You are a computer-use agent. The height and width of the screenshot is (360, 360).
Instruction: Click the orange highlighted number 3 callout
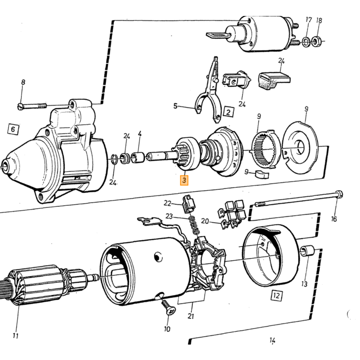click(184, 180)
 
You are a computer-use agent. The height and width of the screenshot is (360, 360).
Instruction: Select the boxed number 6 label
click(13, 129)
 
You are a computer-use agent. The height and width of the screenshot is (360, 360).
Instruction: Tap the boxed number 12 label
click(277, 296)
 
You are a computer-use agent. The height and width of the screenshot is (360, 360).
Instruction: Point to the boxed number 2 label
click(228, 112)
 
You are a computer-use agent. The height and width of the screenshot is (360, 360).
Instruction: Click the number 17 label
click(309, 20)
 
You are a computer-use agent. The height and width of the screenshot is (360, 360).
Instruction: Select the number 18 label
click(319, 21)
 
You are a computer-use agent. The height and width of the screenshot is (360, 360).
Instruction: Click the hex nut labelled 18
click(316, 42)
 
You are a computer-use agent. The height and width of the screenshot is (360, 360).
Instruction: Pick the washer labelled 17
click(306, 41)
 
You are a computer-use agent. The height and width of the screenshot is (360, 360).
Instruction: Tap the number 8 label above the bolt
click(23, 82)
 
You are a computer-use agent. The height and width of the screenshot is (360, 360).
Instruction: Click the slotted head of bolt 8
click(20, 106)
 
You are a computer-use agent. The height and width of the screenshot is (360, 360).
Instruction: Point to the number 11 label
click(15, 336)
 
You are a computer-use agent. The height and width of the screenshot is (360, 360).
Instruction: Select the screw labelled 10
click(168, 308)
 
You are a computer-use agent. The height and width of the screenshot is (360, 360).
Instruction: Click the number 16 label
click(334, 219)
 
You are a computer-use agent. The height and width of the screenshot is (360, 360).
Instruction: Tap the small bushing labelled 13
click(308, 251)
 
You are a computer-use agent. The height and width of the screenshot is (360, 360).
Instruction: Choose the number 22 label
click(167, 203)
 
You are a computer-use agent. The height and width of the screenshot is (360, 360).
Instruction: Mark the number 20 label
click(205, 221)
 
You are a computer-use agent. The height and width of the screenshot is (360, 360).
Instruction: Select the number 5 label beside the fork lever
click(175, 106)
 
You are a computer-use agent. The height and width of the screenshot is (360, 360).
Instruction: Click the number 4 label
click(139, 134)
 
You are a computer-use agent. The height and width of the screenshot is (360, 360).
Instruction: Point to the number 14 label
click(272, 340)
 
